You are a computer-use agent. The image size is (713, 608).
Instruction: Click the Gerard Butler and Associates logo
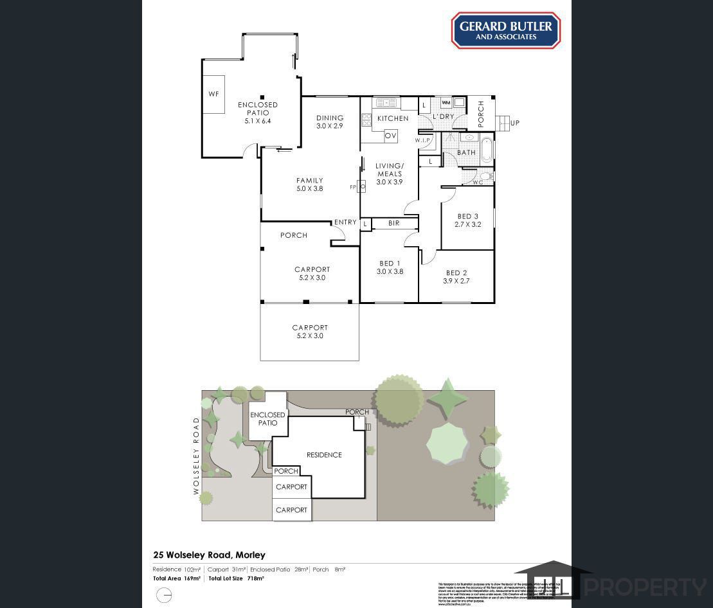[x=505, y=30]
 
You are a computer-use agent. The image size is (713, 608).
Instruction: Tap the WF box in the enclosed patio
[x=213, y=94]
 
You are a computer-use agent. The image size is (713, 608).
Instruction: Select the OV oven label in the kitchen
[x=390, y=136]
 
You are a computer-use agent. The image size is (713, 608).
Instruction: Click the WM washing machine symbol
[x=446, y=103]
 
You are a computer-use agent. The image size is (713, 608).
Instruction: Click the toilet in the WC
[x=486, y=175]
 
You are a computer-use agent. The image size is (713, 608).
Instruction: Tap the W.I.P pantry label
[x=422, y=140]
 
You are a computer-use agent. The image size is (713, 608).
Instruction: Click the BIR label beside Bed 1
[x=393, y=224]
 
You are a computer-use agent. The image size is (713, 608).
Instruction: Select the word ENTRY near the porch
[x=345, y=222]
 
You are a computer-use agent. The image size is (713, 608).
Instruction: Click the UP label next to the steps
[x=514, y=123]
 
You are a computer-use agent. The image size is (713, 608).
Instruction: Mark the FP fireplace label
[x=353, y=187]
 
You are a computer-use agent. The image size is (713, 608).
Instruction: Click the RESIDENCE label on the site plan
[x=324, y=455]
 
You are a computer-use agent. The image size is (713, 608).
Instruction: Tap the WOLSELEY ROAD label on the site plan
[x=197, y=456]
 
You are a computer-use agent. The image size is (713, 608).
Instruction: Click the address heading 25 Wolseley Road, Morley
[x=209, y=555]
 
